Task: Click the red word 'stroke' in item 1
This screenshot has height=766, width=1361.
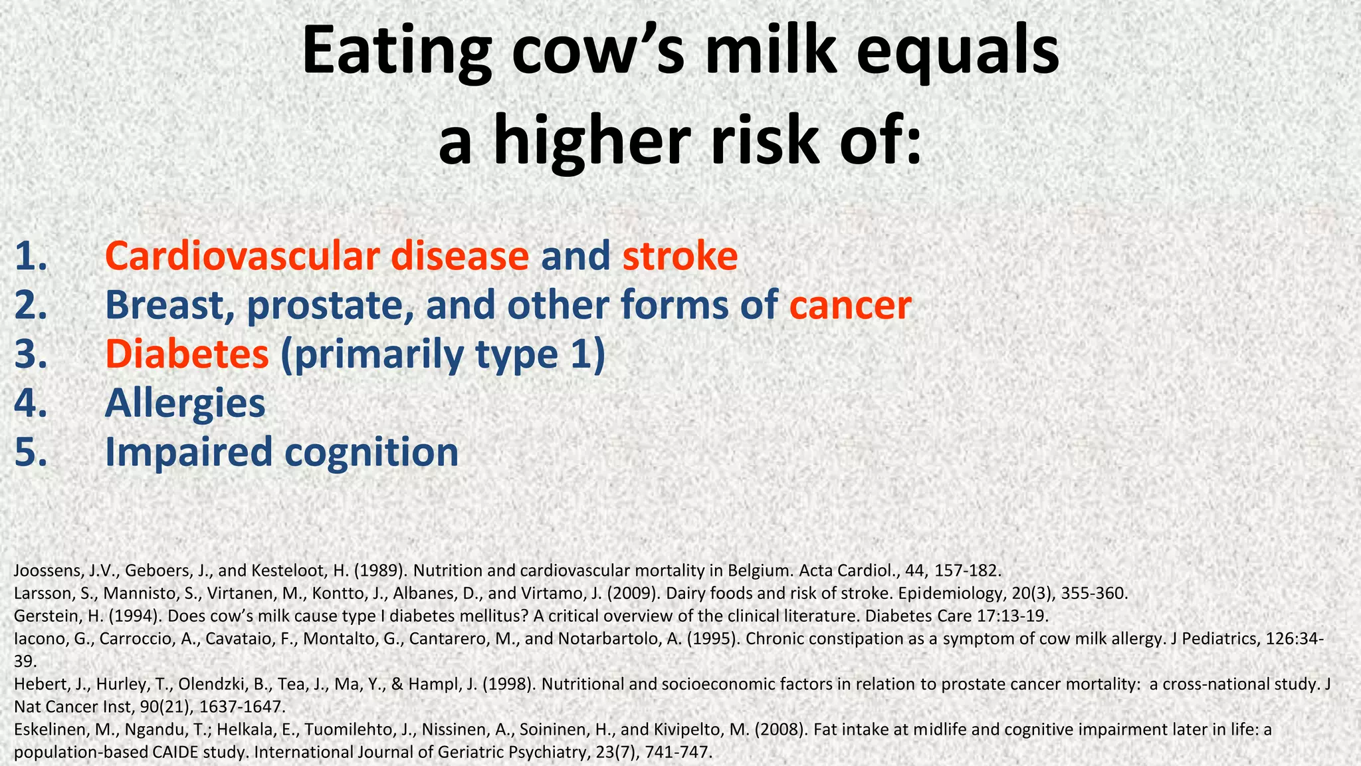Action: pyautogui.click(x=680, y=256)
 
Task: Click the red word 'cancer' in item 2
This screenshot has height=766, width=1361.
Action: pyautogui.click(x=850, y=305)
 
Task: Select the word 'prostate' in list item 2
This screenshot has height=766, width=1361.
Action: pyautogui.click(x=329, y=305)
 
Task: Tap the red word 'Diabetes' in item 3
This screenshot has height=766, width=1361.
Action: pyautogui.click(x=187, y=354)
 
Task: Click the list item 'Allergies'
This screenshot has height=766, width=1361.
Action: pyautogui.click(x=185, y=404)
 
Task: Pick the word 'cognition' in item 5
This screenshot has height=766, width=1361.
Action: pyautogui.click(x=371, y=452)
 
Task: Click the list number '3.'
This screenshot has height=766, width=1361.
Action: pyautogui.click(x=31, y=354)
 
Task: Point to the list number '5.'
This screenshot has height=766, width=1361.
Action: pyautogui.click(x=31, y=452)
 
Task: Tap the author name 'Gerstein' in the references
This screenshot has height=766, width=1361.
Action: pyautogui.click(x=42, y=616)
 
